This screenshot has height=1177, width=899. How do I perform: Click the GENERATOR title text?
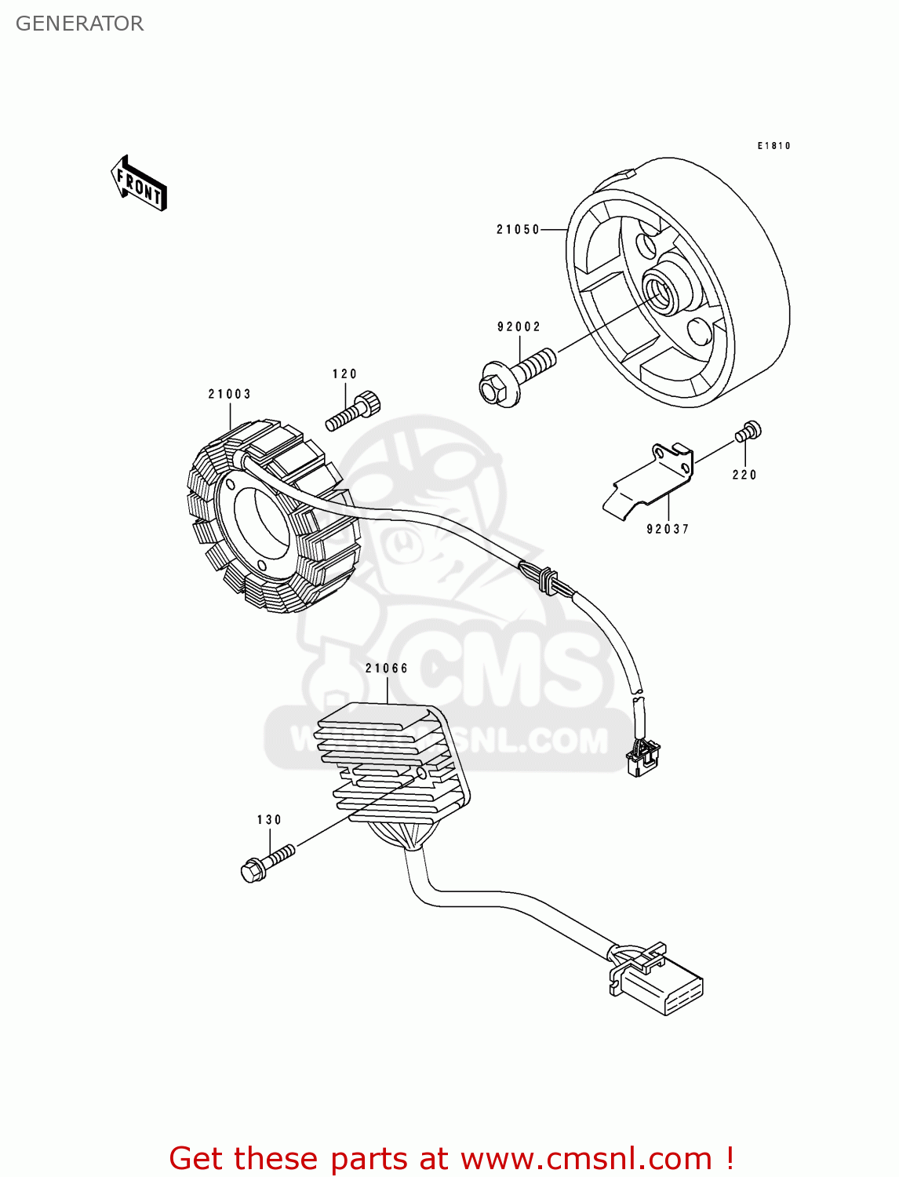click(79, 24)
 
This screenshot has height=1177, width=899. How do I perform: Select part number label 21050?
click(518, 230)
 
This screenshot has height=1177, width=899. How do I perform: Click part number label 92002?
click(519, 327)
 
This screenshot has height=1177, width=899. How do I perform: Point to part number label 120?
click(344, 374)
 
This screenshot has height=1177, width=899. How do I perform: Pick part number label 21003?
click(229, 395)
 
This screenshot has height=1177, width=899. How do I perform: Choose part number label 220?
click(744, 475)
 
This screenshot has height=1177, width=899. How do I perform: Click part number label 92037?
click(668, 530)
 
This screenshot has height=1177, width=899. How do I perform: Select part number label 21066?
click(387, 669)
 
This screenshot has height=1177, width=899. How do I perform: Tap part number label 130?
click(269, 820)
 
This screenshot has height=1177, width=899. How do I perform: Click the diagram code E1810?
click(773, 146)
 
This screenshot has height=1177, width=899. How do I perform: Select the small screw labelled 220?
click(748, 431)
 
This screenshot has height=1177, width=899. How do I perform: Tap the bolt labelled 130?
click(267, 862)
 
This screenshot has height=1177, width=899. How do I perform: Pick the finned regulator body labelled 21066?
click(392, 765)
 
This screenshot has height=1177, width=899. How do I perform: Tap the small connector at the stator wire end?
click(642, 756)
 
